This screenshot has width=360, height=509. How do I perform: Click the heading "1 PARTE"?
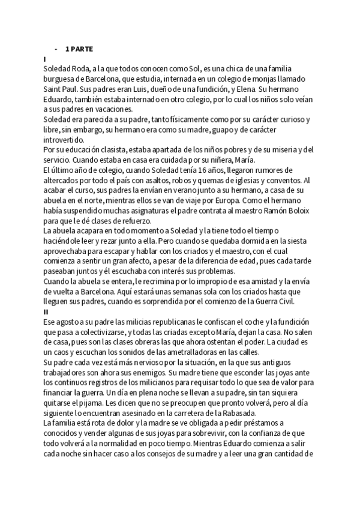pos(79,49)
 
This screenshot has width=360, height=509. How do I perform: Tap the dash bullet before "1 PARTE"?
pos(55,49)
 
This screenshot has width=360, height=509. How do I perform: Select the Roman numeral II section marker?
pos(46,312)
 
